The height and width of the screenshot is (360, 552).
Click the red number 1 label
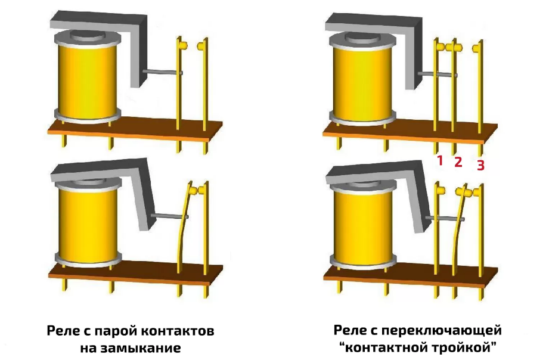(x=440, y=160)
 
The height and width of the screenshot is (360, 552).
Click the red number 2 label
(x=458, y=162)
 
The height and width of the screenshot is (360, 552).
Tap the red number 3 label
(x=480, y=165)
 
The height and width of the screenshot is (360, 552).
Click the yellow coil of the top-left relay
(x=88, y=80)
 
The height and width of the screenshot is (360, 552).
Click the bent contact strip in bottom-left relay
(x=184, y=232)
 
